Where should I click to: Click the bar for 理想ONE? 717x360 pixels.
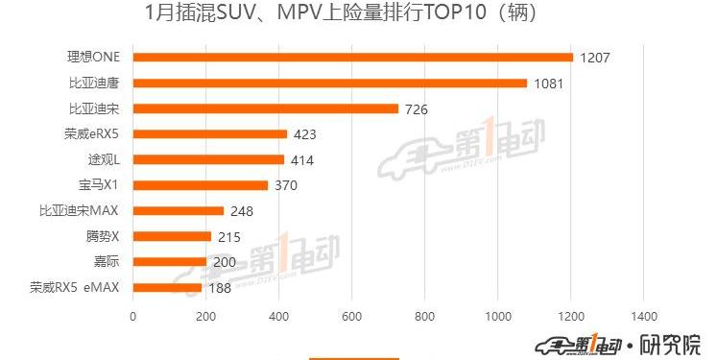352,58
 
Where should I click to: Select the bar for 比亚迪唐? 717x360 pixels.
329,84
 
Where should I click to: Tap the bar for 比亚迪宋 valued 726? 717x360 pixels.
265,108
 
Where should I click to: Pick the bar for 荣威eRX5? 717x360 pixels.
209,134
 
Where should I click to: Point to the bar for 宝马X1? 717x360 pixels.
200,185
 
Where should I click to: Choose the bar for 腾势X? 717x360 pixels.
172,236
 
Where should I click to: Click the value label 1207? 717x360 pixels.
595,59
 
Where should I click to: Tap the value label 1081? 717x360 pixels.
548,84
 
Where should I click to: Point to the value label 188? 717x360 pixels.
220,288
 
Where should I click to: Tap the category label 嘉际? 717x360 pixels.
107,261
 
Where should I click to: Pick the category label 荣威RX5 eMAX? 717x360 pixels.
74,287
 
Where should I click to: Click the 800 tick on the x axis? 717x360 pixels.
424,316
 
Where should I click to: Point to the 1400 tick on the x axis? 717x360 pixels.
643,316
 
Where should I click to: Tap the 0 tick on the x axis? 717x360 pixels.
132,316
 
